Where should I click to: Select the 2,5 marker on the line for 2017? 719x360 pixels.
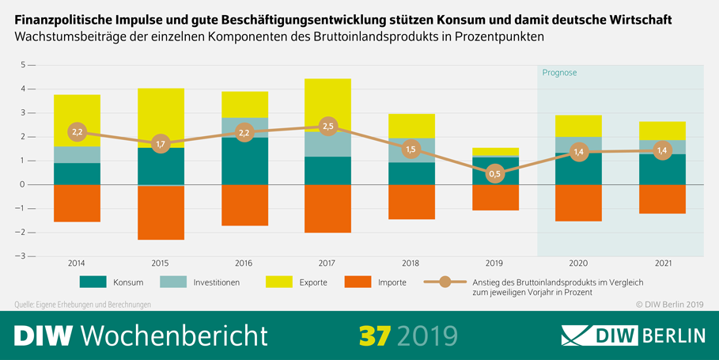point(328,126)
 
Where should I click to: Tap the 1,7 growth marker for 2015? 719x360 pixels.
point(161,145)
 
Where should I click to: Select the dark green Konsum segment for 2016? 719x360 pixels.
point(244,161)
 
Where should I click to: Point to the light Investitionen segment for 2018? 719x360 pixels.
point(411,150)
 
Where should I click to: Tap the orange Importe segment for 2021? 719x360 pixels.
point(662,199)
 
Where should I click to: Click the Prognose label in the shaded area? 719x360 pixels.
point(559,73)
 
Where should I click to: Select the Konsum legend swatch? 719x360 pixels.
point(93,281)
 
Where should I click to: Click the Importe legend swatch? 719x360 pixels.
point(359,281)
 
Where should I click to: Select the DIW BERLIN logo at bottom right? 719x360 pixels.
point(632,335)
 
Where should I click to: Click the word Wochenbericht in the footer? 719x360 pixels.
point(175,335)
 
